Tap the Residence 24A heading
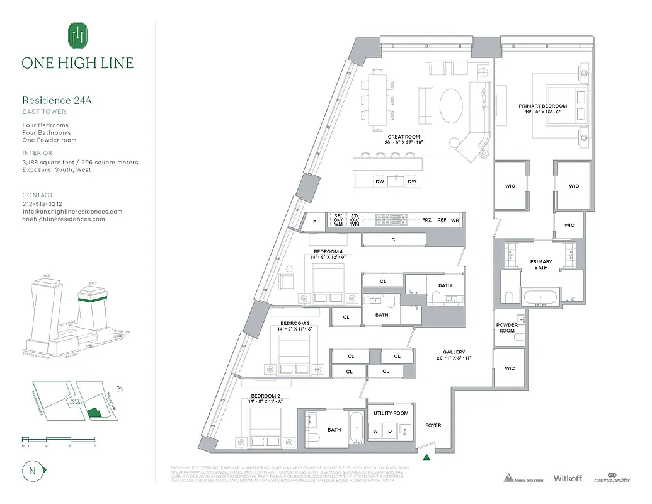click(57, 100)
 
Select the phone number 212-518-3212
click(42, 204)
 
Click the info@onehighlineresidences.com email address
click(72, 212)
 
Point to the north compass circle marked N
click(31, 470)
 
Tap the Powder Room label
click(506, 328)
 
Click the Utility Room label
click(391, 413)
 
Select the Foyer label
click(433, 425)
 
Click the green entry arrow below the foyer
click(428, 457)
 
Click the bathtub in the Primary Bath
click(540, 297)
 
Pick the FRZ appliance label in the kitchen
click(426, 220)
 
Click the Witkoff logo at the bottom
click(569, 478)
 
